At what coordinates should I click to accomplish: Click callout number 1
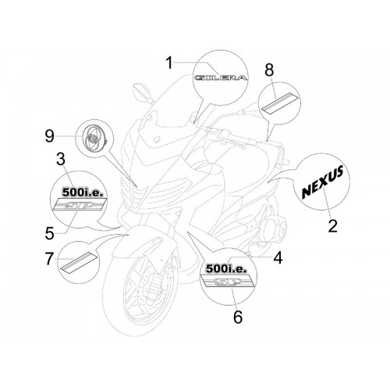coord(169,63)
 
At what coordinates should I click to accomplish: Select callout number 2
coord(332,225)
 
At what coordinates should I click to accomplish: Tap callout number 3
coord(61,159)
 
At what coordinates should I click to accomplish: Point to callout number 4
coord(278,258)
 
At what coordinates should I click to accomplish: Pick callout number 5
coord(50,233)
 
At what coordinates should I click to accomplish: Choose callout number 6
coord(238,317)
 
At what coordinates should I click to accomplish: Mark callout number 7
coord(49,259)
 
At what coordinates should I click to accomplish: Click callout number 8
coord(269,70)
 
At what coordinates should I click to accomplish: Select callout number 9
coord(49,136)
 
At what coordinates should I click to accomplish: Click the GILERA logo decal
coord(221,78)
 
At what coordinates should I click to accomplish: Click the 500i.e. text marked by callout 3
coord(81,193)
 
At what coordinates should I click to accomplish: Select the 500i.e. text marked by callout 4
coord(225,268)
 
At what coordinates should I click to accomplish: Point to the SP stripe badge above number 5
coord(80,204)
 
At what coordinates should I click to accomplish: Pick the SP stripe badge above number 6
coord(226,281)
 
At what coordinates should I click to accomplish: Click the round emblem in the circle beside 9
coord(94,139)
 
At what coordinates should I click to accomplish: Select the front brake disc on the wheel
coord(144,289)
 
